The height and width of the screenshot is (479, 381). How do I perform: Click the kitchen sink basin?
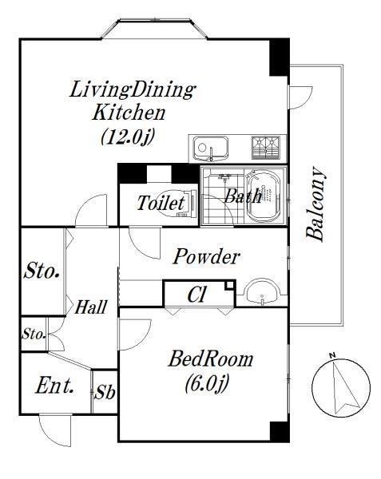click(211, 148)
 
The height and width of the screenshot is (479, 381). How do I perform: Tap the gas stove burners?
click(265, 148)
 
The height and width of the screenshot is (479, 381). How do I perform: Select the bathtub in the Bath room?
click(263, 196)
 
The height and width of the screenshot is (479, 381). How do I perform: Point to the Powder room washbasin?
click(263, 292)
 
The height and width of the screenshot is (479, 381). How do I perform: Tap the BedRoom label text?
click(211, 359)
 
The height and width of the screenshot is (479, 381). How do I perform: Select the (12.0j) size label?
click(127, 136)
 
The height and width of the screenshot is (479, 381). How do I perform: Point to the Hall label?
click(91, 307)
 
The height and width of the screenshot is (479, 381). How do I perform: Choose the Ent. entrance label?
click(54, 386)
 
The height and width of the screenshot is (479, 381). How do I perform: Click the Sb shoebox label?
click(105, 392)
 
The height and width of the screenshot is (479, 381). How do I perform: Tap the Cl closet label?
click(197, 295)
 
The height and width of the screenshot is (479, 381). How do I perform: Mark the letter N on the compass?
click(332, 355)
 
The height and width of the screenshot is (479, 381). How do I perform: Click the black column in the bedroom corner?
click(280, 432)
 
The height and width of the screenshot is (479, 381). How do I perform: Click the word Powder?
click(206, 257)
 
